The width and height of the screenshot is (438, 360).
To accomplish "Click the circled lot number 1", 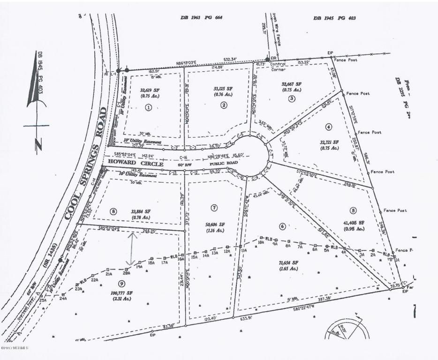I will [x=149, y=107].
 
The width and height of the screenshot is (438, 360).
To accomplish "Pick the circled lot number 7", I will [x=214, y=207].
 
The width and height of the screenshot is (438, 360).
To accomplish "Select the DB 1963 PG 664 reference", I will [x=201, y=18].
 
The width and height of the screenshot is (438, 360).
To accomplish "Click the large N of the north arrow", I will [x=37, y=145].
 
